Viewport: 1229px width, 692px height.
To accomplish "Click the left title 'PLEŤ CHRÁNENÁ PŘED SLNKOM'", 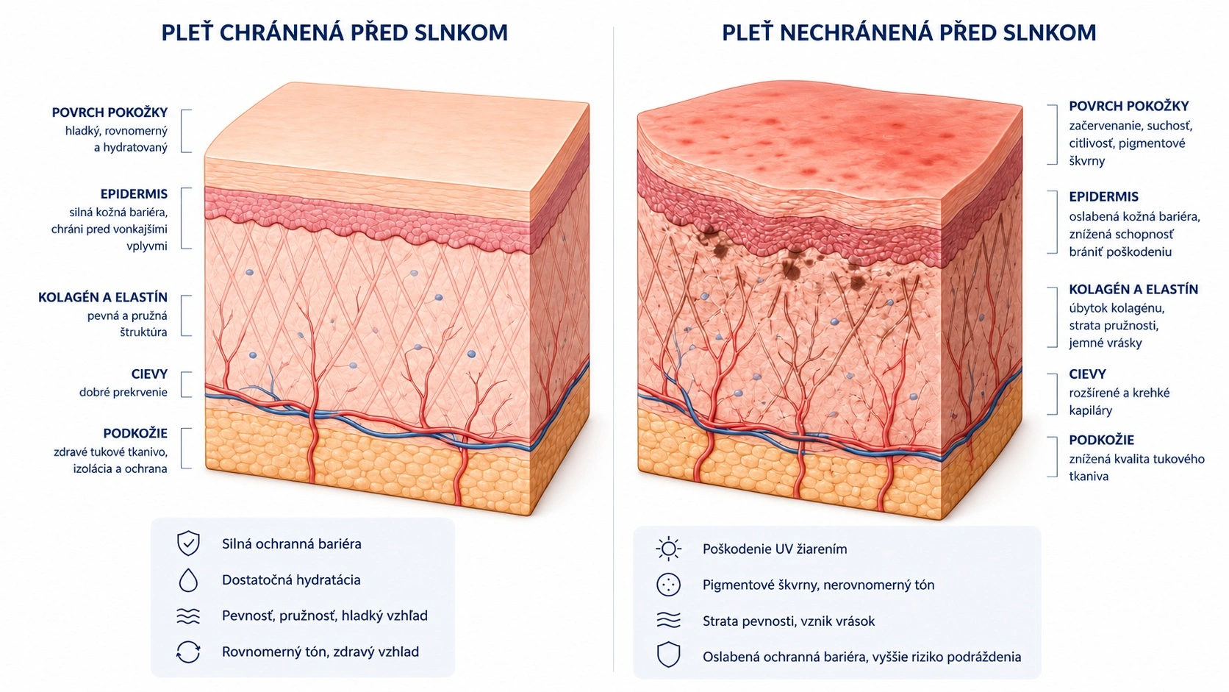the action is tap(334, 33).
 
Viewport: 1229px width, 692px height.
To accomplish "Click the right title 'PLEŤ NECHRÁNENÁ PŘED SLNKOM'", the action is tap(909, 33).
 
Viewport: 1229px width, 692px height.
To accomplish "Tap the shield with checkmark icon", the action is tap(188, 544).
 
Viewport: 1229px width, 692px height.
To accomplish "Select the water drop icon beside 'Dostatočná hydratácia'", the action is tap(188, 580).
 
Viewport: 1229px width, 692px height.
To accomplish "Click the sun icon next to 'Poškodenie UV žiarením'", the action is tap(668, 549).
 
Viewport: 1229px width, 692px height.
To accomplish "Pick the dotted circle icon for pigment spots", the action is tap(668, 585).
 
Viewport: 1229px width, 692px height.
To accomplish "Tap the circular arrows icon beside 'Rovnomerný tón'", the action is tap(188, 652).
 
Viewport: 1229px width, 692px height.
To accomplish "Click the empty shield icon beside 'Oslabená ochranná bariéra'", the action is tap(668, 654).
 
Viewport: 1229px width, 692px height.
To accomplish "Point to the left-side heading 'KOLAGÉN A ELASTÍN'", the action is tap(103, 297).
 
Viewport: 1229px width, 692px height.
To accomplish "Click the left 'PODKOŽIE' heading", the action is tap(135, 434).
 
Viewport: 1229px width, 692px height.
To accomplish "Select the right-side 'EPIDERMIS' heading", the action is tap(1103, 196).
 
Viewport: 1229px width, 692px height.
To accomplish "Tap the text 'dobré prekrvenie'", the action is tap(123, 393).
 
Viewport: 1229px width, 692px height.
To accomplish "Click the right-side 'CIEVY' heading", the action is tap(1087, 374).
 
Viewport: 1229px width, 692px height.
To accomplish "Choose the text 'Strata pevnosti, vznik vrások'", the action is tap(789, 621).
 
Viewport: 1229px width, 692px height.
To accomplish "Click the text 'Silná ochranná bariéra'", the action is tap(291, 544).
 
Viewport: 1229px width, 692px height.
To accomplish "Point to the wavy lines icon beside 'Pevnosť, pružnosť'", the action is tap(188, 616).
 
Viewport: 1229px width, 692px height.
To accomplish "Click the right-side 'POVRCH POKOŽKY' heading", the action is tap(1128, 106).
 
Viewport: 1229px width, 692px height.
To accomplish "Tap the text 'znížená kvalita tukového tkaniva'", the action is tap(1136, 468).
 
